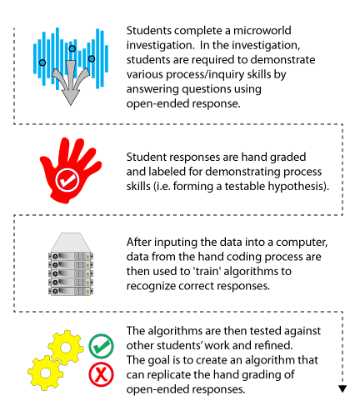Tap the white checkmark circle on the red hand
(67, 180)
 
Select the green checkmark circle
(101, 346)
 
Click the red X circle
(101, 374)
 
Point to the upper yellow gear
(66, 348)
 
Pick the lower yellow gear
(46, 373)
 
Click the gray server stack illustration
(71, 264)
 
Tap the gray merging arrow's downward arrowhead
(71, 98)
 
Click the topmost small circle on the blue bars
(72, 48)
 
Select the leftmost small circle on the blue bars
(42, 63)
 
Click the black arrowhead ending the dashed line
(342, 388)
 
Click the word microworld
(262, 30)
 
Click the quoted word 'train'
(207, 271)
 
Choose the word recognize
(151, 286)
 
